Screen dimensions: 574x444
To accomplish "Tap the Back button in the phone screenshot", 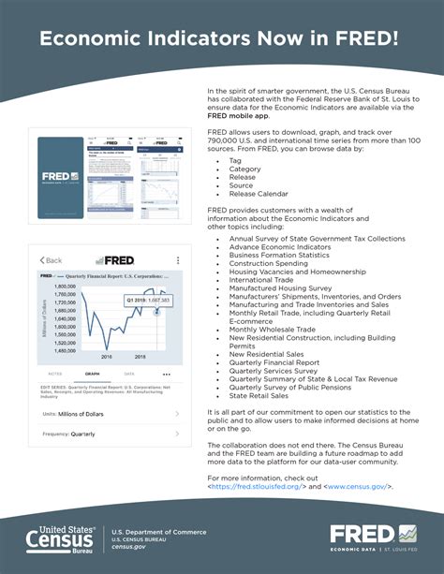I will click(52, 259).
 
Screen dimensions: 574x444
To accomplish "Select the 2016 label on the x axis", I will click(106, 357).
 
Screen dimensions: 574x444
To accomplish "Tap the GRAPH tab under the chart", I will click(93, 374).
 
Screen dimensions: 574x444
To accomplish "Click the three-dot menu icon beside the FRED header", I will click(178, 259).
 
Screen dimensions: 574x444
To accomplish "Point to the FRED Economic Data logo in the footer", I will click(374, 539).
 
